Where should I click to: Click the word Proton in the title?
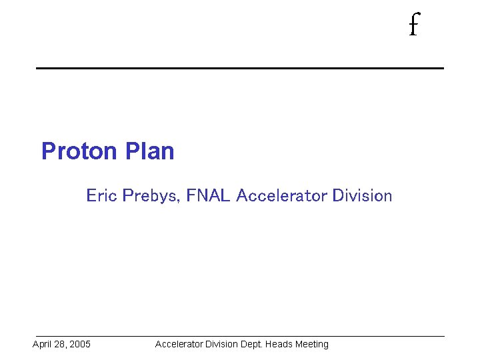pyautogui.click(x=79, y=151)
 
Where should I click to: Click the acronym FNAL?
pyautogui.click(x=209, y=196)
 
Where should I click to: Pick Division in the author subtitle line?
pyautogui.click(x=362, y=196)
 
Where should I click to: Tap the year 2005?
pyautogui.click(x=79, y=345)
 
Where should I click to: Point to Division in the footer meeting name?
pyautogui.click(x=223, y=345)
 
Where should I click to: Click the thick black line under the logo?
pyautogui.click(x=240, y=68)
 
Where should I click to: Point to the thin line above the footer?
pyautogui.click(x=240, y=336)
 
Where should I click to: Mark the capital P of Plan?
pyautogui.click(x=131, y=151)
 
